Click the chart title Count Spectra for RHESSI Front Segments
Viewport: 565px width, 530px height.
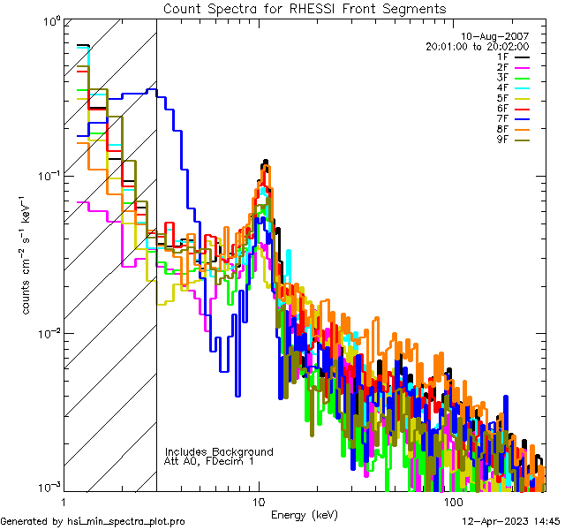305,9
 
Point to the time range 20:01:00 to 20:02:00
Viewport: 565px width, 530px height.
477,46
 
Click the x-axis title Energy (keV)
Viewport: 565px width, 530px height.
305,515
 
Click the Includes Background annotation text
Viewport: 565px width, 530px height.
219,452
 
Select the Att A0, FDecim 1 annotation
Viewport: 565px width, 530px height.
209,462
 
